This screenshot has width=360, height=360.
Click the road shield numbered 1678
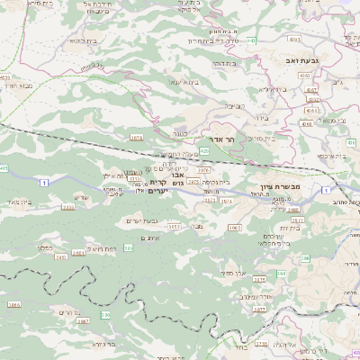[137, 138]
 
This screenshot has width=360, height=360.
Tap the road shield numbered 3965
[235, 228]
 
